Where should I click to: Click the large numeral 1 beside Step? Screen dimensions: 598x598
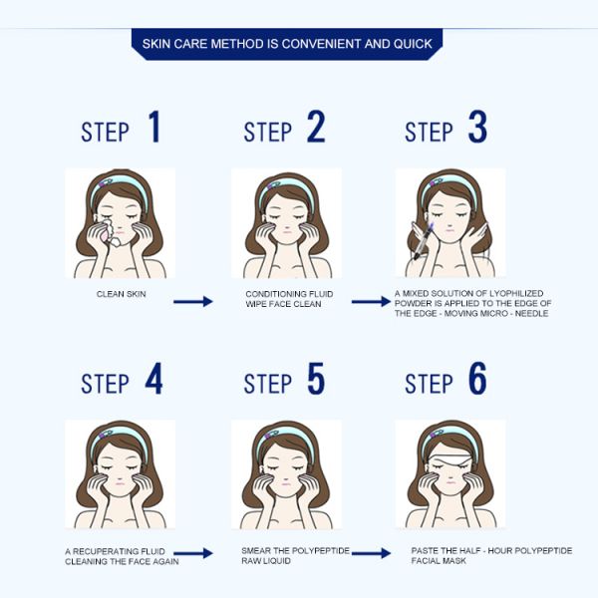154,127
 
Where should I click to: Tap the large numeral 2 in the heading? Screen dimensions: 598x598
316,127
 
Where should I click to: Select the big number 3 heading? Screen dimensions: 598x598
477,127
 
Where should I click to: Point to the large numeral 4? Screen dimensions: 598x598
154,378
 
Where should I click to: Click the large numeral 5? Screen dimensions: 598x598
316,378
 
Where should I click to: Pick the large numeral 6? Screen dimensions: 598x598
477,378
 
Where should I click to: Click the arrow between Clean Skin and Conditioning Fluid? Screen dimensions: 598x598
193,301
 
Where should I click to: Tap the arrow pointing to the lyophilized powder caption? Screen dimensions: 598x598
371,301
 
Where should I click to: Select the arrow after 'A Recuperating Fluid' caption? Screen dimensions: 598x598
193,553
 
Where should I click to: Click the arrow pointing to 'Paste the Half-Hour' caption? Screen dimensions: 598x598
371,552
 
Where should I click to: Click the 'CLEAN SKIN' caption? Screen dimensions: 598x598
122,294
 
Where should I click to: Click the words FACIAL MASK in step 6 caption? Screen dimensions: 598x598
439,560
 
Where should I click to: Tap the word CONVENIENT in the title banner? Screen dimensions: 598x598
321,44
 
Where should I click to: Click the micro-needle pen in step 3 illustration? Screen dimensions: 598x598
424,240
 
